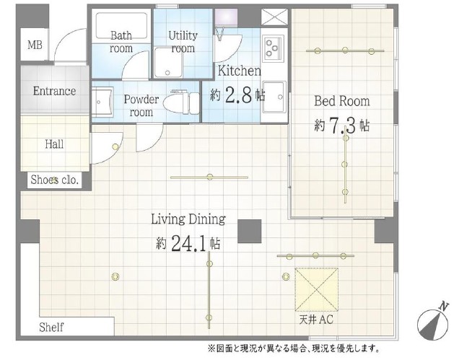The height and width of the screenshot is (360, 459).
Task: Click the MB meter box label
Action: click(35, 45)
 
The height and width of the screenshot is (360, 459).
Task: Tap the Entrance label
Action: click(54, 91)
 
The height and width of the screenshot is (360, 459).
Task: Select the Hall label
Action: click(54, 144)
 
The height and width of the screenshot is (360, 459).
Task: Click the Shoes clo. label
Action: click(55, 180)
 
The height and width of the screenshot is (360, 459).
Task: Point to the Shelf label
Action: click(51, 327)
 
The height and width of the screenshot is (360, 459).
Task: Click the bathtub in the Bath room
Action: click(121, 26)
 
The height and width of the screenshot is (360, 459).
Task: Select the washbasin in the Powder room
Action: click(102, 102)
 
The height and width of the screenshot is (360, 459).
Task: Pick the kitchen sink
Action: click(274, 97)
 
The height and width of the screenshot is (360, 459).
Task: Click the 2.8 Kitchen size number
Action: click(239, 95)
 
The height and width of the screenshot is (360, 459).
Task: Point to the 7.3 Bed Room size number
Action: click(343, 126)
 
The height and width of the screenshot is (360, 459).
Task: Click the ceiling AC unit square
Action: click(316, 289)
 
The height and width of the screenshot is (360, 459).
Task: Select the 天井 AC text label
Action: click(316, 320)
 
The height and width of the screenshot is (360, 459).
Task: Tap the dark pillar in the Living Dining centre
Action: click(249, 231)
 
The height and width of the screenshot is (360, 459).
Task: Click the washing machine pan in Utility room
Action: click(167, 63)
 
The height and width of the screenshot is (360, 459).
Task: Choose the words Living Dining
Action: click(188, 219)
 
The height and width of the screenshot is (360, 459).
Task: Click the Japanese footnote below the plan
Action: click(294, 348)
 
